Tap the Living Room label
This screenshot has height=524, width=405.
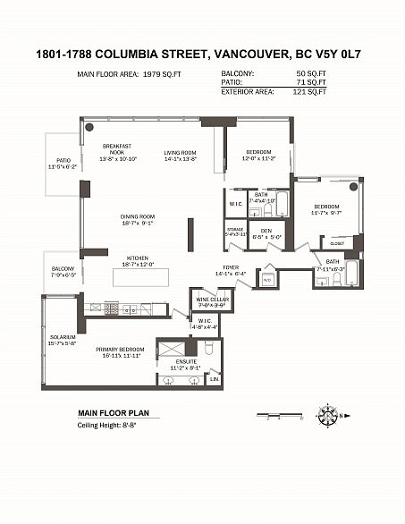pos(180,153)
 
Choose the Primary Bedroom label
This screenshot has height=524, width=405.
pos(117,351)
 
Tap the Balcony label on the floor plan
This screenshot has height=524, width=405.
pos(63,269)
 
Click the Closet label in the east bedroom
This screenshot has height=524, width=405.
pos(337,242)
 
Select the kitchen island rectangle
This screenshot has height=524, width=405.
pos(139,280)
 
